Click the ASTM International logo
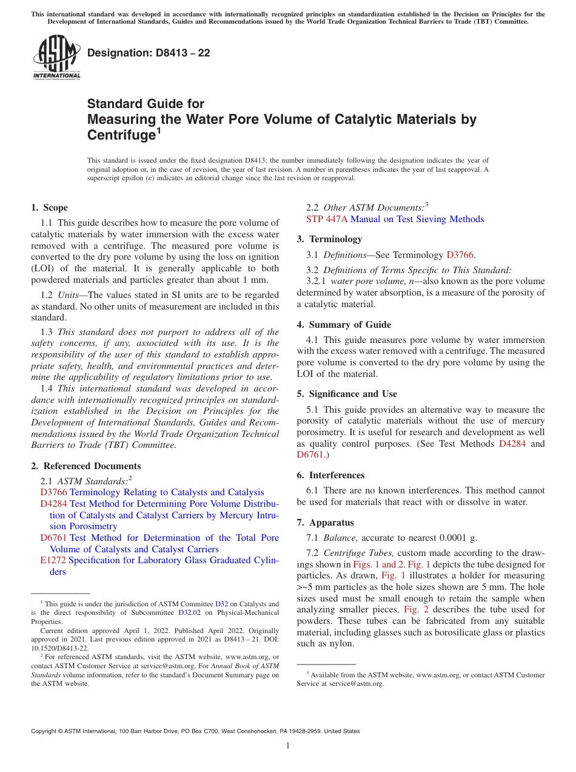56,58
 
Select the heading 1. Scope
50,208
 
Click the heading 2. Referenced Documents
86,466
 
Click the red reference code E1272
53,560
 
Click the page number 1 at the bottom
288,745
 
